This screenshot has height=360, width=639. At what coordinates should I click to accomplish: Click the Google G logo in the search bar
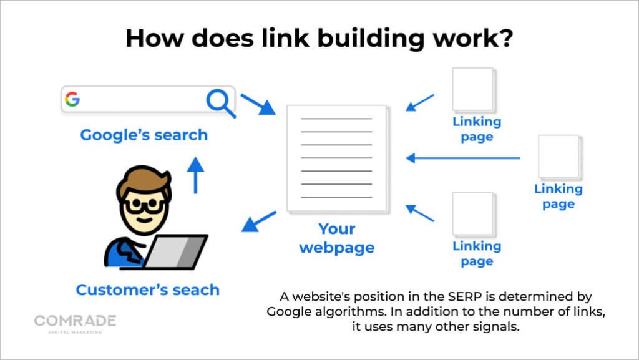point(72,99)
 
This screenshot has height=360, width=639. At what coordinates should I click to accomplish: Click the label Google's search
point(144,135)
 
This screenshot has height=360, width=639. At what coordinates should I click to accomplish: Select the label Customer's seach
point(147,290)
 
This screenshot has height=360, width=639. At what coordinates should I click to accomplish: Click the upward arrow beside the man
point(195,175)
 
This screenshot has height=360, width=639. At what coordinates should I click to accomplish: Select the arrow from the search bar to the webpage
point(258,104)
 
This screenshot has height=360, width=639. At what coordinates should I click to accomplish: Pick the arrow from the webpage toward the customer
point(259,221)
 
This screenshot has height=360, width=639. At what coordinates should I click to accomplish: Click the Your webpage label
point(336,238)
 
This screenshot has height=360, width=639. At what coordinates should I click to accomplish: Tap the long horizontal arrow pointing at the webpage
point(462,158)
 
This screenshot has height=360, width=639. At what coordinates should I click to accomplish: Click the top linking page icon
point(474,90)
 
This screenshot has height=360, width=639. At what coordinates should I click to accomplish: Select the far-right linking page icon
point(560,157)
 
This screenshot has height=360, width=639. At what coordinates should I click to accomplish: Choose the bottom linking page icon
point(474,215)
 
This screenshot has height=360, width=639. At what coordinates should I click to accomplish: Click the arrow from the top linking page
point(420,102)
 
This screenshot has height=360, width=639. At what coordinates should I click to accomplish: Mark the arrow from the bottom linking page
point(420,213)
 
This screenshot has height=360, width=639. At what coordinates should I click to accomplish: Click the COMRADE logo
point(75,323)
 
